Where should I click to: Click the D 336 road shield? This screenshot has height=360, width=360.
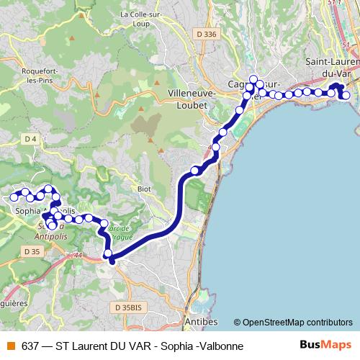coord(206,34)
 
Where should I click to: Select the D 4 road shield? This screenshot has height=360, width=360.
coord(30,138)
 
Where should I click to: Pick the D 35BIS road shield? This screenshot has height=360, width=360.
coord(129,307)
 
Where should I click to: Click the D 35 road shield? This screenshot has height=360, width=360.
coord(31,251)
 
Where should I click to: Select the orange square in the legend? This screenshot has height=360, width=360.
coord(10,346)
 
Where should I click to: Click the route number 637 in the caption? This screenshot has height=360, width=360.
coord(30,346)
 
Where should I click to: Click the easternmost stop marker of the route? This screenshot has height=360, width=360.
coord(346,95)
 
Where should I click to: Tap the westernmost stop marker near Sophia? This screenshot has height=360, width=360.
coord(14,197)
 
